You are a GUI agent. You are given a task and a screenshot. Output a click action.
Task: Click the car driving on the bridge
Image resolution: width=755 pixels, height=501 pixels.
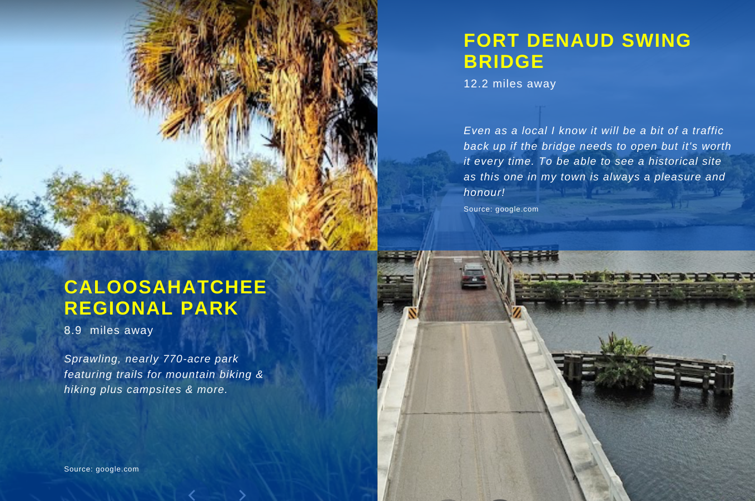coord(474,276)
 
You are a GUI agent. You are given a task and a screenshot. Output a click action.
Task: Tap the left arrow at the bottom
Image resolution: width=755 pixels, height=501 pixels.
coord(192,495)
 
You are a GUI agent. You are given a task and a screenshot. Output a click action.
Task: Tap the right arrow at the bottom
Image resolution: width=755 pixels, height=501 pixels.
coord(242,495)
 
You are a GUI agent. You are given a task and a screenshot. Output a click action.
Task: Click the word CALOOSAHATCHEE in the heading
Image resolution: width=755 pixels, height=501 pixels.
coord(165,287)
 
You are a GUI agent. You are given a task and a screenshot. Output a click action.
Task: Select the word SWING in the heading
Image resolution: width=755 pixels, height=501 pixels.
coord(656,41)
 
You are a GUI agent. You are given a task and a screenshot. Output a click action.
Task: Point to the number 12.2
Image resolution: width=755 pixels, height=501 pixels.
coord(476,83)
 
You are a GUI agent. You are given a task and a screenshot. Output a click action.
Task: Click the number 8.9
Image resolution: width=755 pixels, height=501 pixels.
coord(73,330)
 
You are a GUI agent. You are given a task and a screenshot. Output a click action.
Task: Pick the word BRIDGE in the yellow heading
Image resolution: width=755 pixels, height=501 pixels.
coord(504,62)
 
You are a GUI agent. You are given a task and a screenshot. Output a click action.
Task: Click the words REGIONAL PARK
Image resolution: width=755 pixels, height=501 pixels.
coord(151,308)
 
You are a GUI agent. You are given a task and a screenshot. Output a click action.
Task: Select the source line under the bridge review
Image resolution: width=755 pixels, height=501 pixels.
coord(501,209)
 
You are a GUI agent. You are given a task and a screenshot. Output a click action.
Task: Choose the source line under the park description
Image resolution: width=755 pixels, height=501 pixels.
coord(101,469)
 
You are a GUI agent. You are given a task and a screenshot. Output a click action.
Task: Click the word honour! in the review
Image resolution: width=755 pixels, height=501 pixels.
coord(484,192)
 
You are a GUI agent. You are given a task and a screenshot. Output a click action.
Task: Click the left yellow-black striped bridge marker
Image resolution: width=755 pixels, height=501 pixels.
coord(413,313)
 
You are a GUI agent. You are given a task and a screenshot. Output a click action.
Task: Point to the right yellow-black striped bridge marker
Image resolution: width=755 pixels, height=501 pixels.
coord(516,312)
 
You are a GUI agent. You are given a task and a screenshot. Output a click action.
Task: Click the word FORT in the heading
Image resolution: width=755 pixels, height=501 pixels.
coord(491,41)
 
